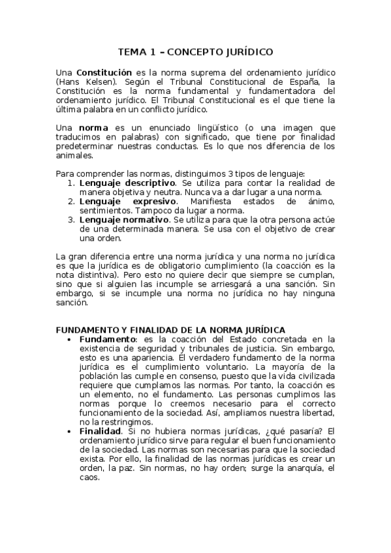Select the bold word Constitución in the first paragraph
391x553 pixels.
point(104,72)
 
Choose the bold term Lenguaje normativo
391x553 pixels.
point(121,220)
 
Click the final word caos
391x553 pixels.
point(89,477)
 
